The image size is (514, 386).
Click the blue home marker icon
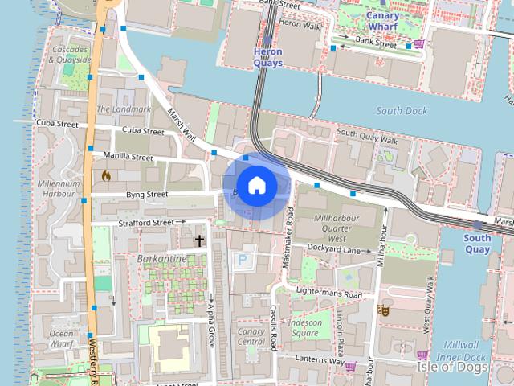256,185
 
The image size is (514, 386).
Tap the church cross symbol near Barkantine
199,240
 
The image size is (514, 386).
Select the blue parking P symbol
242,260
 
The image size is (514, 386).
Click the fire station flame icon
105,175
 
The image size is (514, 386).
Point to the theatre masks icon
383,309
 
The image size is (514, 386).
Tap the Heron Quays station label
267,57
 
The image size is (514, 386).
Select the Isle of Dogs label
452,367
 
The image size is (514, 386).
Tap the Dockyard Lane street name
332,250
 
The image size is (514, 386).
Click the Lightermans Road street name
329,294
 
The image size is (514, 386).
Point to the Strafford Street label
145,222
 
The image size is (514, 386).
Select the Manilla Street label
128,157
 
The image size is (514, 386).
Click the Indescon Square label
305,328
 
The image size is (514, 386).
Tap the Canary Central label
251,336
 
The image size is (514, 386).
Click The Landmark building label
112,109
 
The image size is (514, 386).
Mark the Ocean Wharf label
61,339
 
